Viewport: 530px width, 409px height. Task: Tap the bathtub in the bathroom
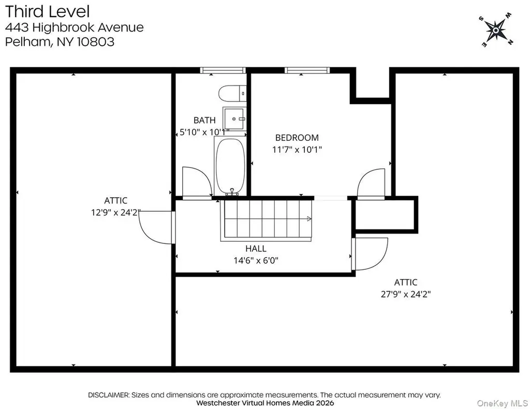[x=230, y=166]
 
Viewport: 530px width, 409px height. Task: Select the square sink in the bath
[x=234, y=119]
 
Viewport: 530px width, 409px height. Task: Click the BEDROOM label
[x=297, y=138]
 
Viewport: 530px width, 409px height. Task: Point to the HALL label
[x=256, y=249]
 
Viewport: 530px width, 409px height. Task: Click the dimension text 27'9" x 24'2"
[x=406, y=294]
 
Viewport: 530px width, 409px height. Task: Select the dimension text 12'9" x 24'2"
[x=115, y=213]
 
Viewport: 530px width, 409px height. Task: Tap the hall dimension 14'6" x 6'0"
[x=256, y=260]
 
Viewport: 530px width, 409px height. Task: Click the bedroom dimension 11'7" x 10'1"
[x=297, y=150]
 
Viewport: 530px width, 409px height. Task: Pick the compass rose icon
[x=495, y=30]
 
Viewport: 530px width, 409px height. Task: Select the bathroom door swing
[x=197, y=181]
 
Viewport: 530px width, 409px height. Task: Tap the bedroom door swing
[x=371, y=183]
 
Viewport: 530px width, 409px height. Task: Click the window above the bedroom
[x=307, y=70]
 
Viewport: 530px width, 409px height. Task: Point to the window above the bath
[x=223, y=70]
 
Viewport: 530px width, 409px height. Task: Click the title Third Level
[x=47, y=11]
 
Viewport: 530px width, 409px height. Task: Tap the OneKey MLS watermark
[x=502, y=403]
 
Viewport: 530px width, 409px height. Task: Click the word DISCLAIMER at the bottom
[x=109, y=395]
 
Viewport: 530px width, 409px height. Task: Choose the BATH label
[x=204, y=120]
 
